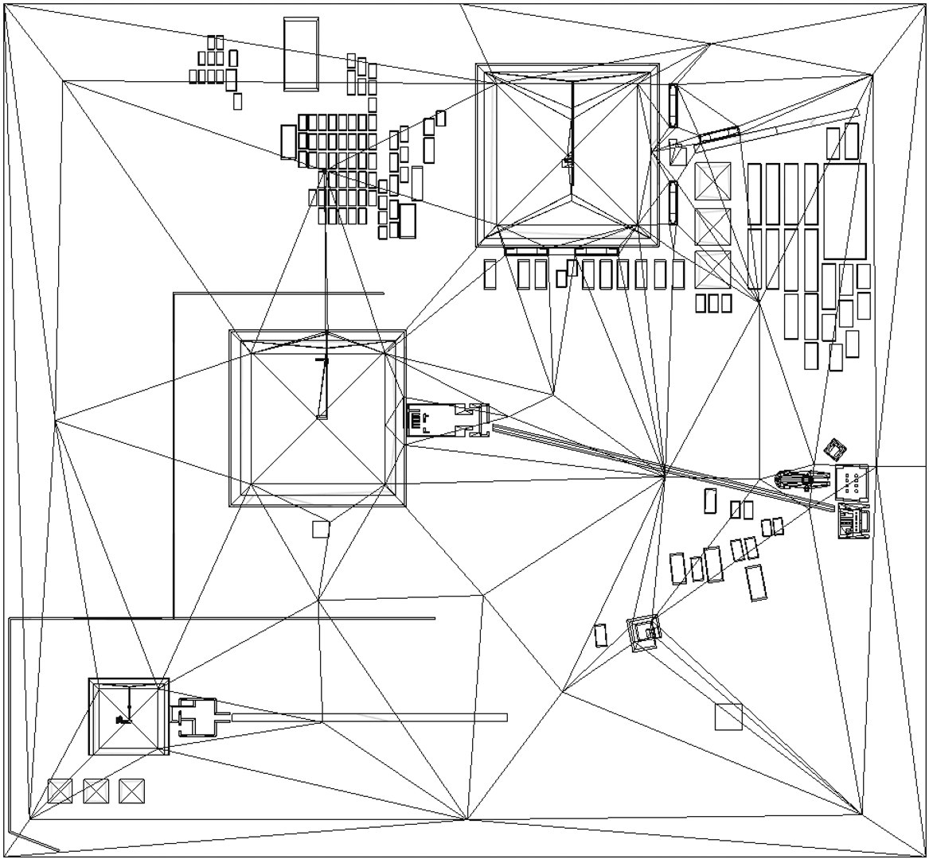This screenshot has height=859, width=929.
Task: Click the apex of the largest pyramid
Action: pyautogui.click(x=568, y=156)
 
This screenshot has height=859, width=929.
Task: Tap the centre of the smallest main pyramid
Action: pyautogui.click(x=128, y=717)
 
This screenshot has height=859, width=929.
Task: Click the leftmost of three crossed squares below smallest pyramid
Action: pyautogui.click(x=60, y=791)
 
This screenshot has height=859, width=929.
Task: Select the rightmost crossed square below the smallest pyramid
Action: pyautogui.click(x=131, y=791)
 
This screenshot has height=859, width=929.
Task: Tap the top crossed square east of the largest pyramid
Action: pyautogui.click(x=712, y=181)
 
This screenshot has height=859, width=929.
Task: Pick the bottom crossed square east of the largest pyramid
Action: pyautogui.click(x=712, y=270)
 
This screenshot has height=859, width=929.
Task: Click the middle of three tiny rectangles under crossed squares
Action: pyautogui.click(x=713, y=303)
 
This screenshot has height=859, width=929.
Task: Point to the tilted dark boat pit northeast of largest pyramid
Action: pyautogui.click(x=719, y=134)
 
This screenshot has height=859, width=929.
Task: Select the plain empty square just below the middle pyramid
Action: pyautogui.click(x=320, y=530)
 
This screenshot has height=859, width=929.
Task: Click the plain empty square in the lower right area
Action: pyautogui.click(x=728, y=717)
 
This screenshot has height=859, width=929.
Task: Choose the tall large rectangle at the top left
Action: pyautogui.click(x=301, y=53)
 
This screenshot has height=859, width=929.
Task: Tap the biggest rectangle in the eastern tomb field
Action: pyautogui.click(x=845, y=211)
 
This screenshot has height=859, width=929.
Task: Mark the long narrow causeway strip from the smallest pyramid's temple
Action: pyautogui.click(x=369, y=717)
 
